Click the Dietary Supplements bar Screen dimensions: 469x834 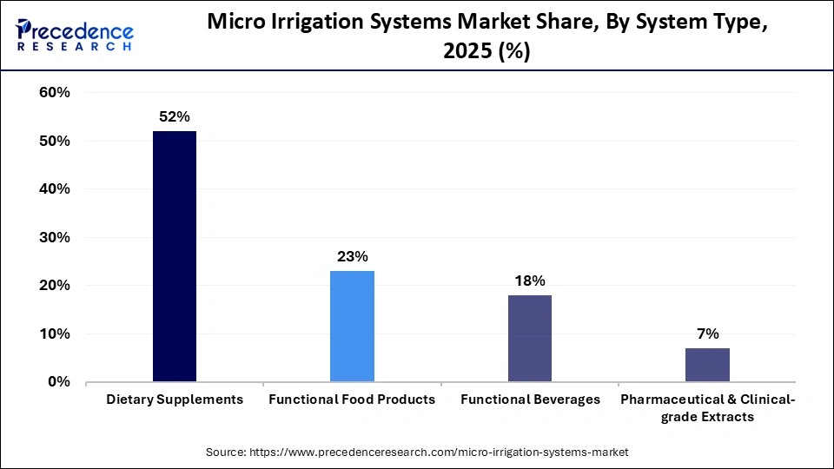(175, 256)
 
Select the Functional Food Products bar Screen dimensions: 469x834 (352, 326)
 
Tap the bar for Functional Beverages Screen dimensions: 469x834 (529, 338)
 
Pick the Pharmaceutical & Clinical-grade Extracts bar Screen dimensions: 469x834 (707, 365)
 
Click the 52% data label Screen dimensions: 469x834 (175, 116)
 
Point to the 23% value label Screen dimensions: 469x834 (352, 256)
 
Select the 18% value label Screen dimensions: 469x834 (529, 281)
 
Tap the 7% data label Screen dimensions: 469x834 (707, 334)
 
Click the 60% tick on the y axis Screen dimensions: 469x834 (54, 93)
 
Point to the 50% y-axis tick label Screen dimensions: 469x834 (54, 141)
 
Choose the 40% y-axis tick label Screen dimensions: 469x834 (54, 189)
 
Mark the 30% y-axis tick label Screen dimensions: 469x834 (54, 237)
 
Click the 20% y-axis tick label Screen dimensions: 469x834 (54, 286)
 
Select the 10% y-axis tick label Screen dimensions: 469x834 (54, 334)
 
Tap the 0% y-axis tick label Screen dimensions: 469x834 (58, 382)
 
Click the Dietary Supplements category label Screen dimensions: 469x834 (175, 400)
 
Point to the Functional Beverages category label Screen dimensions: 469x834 (530, 400)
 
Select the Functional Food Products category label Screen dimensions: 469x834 (352, 400)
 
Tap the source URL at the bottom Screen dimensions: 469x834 (416, 452)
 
